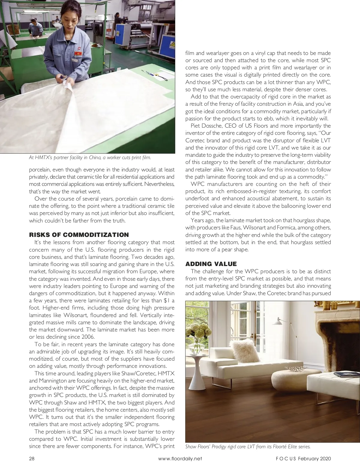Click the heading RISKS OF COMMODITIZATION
(79, 235)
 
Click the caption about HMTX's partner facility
(90, 157)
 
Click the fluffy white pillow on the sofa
(243, 350)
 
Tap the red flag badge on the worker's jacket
(78, 53)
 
